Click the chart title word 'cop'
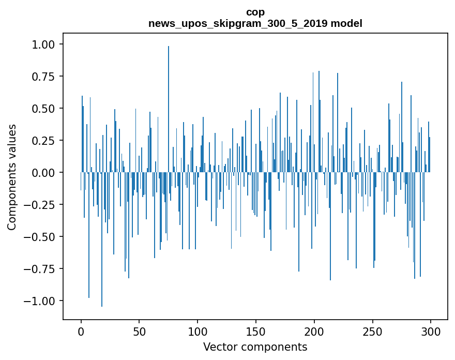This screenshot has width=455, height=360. click(x=255, y=12)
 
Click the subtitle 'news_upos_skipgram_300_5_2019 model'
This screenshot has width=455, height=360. click(x=255, y=23)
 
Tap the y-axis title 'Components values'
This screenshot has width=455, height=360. click(x=12, y=177)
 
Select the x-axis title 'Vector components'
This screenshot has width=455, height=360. click(x=255, y=347)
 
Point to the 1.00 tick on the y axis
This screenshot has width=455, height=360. click(x=47, y=44)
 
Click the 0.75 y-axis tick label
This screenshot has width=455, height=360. click(x=47, y=77)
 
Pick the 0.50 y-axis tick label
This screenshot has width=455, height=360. click(x=47, y=109)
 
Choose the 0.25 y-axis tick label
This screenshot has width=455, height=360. click(x=47, y=141)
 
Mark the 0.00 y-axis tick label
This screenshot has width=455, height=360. click(x=47, y=172)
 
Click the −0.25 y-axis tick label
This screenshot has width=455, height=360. click(x=43, y=204)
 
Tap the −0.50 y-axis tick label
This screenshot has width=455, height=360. click(x=43, y=236)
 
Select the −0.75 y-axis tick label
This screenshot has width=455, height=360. click(x=43, y=268)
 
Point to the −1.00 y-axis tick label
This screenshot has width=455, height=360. click(x=43, y=301)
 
